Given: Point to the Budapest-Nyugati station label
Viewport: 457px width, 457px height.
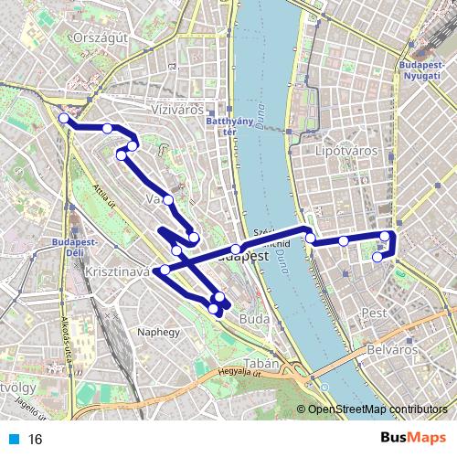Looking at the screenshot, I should (x=423, y=72).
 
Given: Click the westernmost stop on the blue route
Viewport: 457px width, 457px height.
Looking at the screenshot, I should (x=63, y=118).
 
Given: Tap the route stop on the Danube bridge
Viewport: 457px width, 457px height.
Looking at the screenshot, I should (x=236, y=250).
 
